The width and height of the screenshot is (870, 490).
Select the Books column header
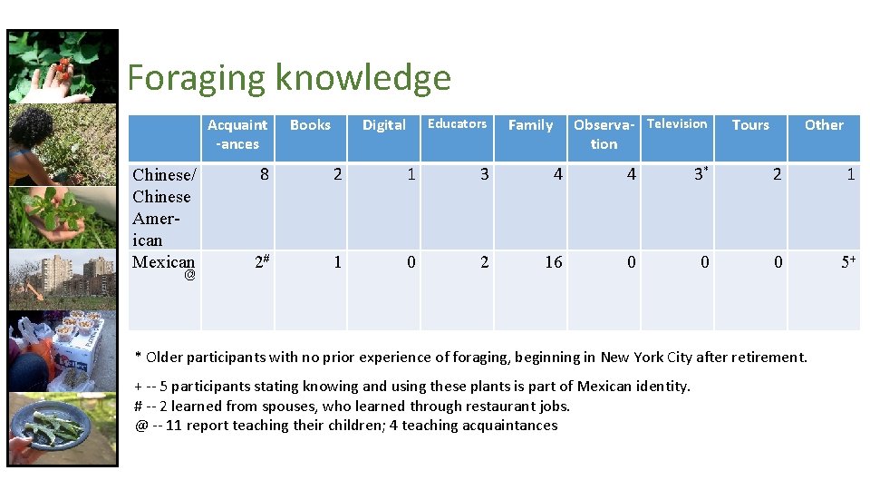pos(310,125)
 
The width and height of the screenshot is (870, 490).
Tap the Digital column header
pos(383,125)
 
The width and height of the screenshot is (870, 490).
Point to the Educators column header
pos(457,124)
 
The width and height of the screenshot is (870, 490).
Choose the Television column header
pos(677,124)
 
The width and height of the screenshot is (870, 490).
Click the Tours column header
pos(750,125)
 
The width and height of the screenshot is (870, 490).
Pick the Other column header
pos(824,125)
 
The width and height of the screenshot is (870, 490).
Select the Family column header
pos(530,125)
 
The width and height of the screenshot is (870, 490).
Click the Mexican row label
pos(163,261)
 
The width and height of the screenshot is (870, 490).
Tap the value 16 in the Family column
pos(553,262)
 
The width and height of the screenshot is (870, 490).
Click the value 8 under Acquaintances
pos(264,174)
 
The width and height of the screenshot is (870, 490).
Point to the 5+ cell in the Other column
pos(848,262)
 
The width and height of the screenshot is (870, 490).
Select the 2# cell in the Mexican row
pos(262,262)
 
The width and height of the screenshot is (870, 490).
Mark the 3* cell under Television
pos(700,174)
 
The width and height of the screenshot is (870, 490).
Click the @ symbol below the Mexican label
pos(189,275)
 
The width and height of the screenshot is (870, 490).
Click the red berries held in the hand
pos(63,65)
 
